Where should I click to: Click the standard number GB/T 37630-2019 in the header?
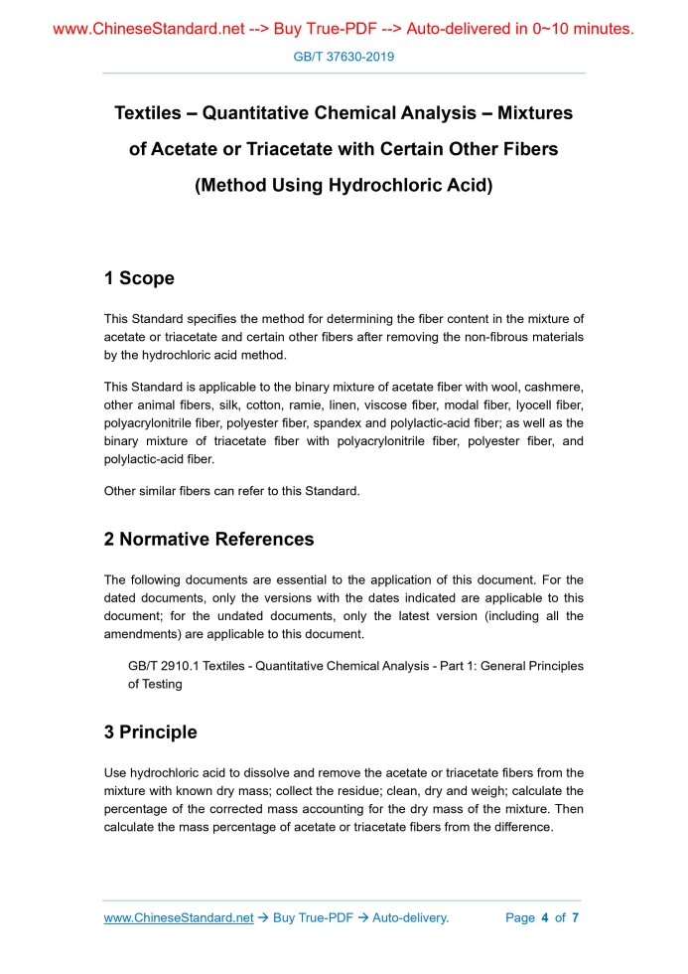click(x=344, y=57)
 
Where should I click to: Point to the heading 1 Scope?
click(x=139, y=278)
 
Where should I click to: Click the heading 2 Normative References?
click(x=208, y=540)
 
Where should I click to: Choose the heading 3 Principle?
click(x=150, y=732)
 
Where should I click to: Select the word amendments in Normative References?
click(x=144, y=634)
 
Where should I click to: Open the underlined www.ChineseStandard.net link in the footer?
click(x=179, y=917)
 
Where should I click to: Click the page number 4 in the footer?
click(x=545, y=917)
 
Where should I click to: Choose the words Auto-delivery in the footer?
click(x=410, y=917)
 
